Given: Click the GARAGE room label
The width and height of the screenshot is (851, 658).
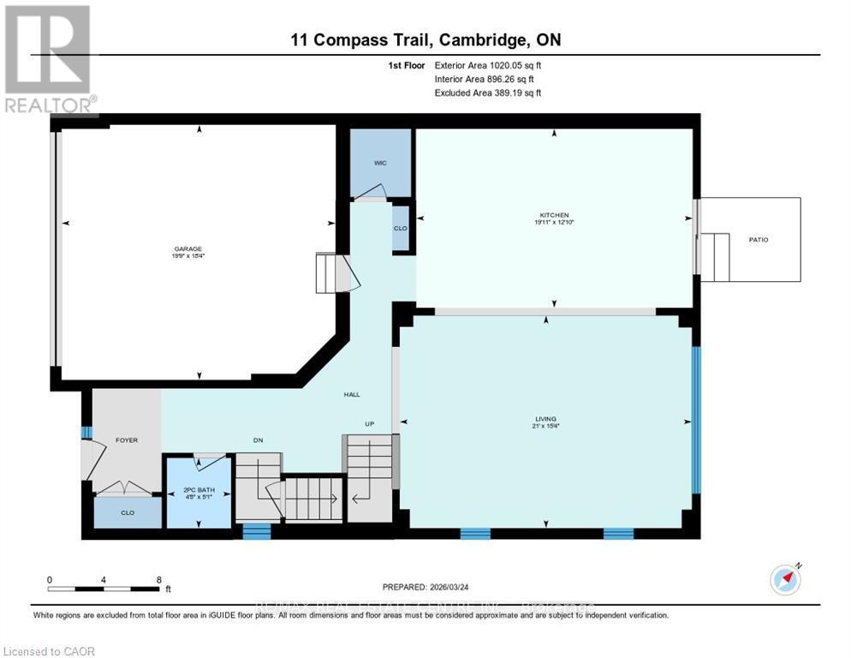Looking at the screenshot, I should (x=188, y=248).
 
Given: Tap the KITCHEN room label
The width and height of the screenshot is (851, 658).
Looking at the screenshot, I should (x=554, y=215).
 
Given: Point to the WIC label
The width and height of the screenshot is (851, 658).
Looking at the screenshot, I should (x=380, y=162).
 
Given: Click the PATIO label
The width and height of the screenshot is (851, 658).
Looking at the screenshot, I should (x=758, y=240).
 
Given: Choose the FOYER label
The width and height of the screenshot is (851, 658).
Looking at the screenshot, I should (x=127, y=440).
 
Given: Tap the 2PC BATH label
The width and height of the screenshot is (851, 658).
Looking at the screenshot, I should (x=198, y=491).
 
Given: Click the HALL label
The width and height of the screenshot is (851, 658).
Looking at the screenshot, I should (x=352, y=395).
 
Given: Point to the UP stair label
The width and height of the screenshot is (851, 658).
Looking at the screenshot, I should (x=370, y=424).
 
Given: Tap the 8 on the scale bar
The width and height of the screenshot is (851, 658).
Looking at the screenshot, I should (x=158, y=579).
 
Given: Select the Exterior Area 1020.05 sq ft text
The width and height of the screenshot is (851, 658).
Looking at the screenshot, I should (x=488, y=65).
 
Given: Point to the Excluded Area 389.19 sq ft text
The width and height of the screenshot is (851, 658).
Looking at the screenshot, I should (x=488, y=93).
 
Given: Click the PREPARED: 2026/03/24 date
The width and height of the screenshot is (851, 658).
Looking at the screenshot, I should (x=425, y=587).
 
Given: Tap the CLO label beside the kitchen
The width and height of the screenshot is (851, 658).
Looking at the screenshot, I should (x=400, y=229).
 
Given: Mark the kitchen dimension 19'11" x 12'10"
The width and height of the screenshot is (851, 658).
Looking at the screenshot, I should (x=554, y=223).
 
